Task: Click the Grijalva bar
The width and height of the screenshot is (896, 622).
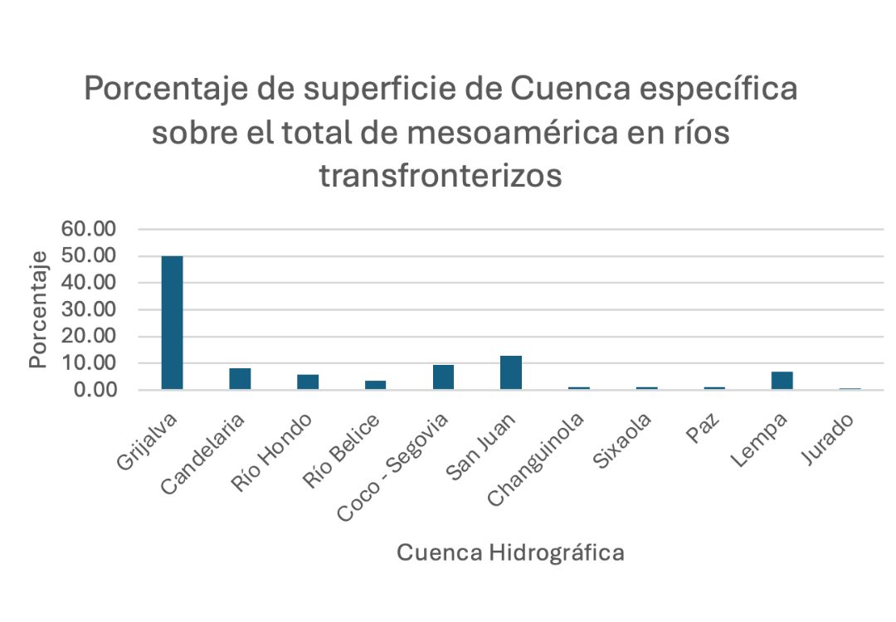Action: coord(172,323)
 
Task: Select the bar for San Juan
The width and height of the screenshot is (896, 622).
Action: coord(511,372)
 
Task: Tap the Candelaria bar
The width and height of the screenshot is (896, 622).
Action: coord(240,379)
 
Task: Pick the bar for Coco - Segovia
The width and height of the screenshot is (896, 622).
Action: coord(443,377)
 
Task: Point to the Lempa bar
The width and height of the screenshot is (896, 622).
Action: coord(782,381)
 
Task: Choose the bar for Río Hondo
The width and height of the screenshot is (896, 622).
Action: coord(308,382)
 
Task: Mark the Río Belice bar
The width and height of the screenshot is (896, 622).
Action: coord(375,385)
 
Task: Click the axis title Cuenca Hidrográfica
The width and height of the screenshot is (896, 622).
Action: coord(510,553)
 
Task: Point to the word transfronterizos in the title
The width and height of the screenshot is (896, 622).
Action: coord(441,176)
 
